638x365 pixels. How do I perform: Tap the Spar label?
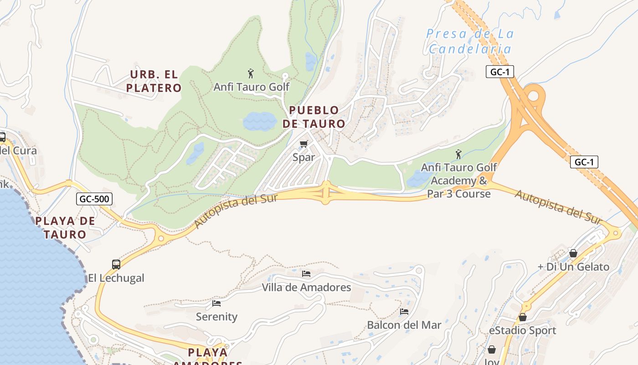coord(304,157)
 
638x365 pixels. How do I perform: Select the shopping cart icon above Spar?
coord(304,144)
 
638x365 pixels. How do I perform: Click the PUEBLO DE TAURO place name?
coord(314,117)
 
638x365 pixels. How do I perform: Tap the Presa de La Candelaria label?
coord(470,41)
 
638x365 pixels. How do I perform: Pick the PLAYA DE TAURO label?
coord(66,228)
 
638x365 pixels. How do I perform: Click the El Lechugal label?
coord(116,278)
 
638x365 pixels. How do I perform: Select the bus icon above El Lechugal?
coord(116,264)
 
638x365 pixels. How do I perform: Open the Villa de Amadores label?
coord(306,287)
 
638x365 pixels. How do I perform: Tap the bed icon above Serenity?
coord(216,303)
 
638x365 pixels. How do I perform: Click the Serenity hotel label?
coord(216,317)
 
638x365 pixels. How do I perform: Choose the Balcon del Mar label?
coord(404,325)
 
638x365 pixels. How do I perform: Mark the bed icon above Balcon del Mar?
coord(404,312)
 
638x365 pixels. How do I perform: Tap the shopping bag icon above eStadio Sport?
coord(523,317)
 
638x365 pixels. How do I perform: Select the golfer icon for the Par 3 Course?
coord(458,155)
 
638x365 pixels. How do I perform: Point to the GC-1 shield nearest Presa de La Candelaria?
coord(499,72)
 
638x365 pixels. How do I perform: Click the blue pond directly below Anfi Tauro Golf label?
coord(260,121)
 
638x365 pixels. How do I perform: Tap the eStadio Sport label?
coord(522,330)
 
